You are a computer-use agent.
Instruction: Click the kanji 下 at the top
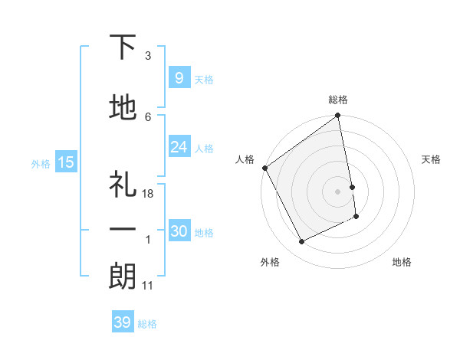[123, 48]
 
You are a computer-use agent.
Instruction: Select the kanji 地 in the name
[123, 109]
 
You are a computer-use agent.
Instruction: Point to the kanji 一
[123, 230]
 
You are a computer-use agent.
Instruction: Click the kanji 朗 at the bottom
[123, 277]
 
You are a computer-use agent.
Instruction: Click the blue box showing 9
[179, 77]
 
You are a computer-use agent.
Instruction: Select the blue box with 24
[179, 146]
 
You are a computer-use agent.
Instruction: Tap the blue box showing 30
[179, 231]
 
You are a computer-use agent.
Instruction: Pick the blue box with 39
[122, 322]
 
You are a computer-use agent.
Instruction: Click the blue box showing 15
[65, 162]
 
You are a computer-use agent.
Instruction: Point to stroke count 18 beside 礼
[148, 195]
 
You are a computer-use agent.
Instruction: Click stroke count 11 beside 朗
[147, 286]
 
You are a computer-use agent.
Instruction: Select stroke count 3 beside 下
[147, 56]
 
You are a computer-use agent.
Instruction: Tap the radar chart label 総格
[338, 100]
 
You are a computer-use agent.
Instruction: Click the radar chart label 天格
[432, 159]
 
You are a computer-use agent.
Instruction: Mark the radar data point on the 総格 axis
[337, 116]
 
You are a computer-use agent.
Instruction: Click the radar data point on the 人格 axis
[264, 168]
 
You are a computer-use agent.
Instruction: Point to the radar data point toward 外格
[301, 242]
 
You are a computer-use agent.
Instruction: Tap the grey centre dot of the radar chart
[337, 191]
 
